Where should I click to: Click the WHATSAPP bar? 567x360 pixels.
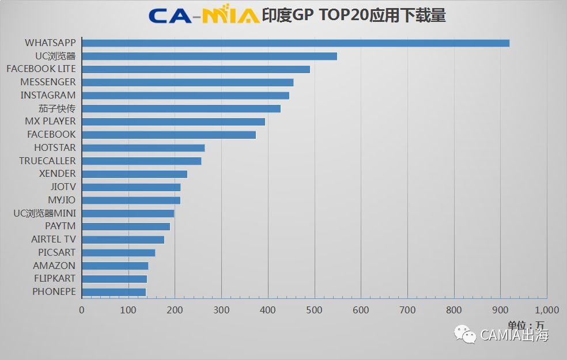(x=295, y=43)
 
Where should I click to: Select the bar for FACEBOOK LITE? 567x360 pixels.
(x=196, y=69)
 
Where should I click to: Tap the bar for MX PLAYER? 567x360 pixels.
(x=173, y=122)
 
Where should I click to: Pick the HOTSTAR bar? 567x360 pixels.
(x=143, y=148)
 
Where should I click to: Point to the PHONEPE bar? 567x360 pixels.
(x=114, y=292)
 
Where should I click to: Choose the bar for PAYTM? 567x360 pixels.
(x=126, y=226)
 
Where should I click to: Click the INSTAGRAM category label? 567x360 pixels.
(x=48, y=95)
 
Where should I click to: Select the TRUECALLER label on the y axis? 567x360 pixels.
(x=47, y=161)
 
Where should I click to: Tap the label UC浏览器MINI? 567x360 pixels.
(x=44, y=213)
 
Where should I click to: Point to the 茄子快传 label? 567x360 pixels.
(x=56, y=108)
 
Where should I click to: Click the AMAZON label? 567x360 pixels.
(x=54, y=266)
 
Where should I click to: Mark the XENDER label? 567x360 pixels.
(x=57, y=174)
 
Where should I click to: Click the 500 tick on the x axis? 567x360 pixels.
(x=315, y=310)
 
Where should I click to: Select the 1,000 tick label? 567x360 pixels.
(x=546, y=310)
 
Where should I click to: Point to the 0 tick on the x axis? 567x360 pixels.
(x=82, y=310)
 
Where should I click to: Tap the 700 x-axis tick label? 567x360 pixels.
(x=407, y=310)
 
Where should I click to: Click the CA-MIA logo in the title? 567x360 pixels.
(x=203, y=16)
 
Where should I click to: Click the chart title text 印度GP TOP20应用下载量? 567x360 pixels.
(x=354, y=16)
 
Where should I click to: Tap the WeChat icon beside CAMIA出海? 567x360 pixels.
(x=465, y=335)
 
